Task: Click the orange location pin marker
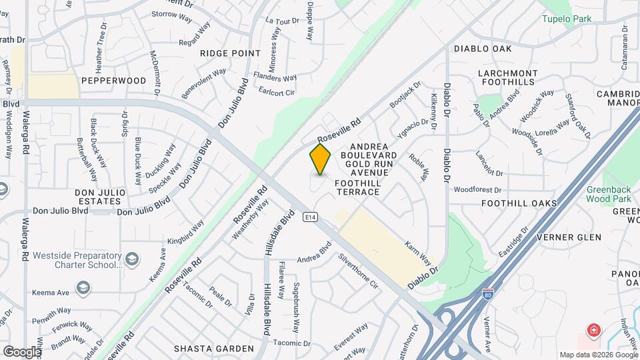click(320, 159)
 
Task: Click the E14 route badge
click(310, 217)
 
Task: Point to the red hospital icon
click(593, 330)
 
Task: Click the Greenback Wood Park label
click(609, 194)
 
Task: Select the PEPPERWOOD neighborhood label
click(113, 81)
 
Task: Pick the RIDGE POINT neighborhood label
click(230, 53)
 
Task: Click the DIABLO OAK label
click(483, 49)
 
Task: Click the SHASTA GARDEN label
click(213, 349)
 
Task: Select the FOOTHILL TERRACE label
click(357, 187)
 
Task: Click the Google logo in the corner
click(23, 351)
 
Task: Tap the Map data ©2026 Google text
click(598, 355)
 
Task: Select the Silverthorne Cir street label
click(358, 270)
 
